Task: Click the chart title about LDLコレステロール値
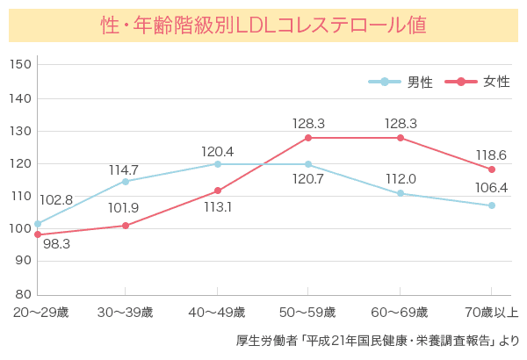(263, 24)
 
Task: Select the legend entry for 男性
(401, 82)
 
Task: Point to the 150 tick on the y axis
(22, 66)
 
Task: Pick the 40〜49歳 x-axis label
(217, 313)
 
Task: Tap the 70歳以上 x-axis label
(492, 313)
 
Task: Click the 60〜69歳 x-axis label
(401, 313)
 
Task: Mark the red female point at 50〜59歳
(308, 138)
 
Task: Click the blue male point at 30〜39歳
(126, 182)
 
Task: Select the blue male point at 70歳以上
(492, 205)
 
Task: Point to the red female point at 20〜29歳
(38, 234)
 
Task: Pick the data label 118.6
(491, 154)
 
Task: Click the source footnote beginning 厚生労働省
(378, 341)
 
